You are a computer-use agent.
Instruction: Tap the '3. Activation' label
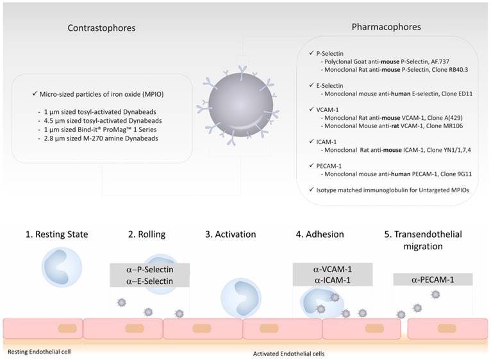pyautogui.click(x=231, y=234)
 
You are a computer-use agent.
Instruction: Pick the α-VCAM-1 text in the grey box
pyautogui.click(x=332, y=270)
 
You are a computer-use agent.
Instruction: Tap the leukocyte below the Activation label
pyautogui.click(x=241, y=298)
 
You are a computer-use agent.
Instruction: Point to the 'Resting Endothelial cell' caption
pyautogui.click(x=40, y=352)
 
